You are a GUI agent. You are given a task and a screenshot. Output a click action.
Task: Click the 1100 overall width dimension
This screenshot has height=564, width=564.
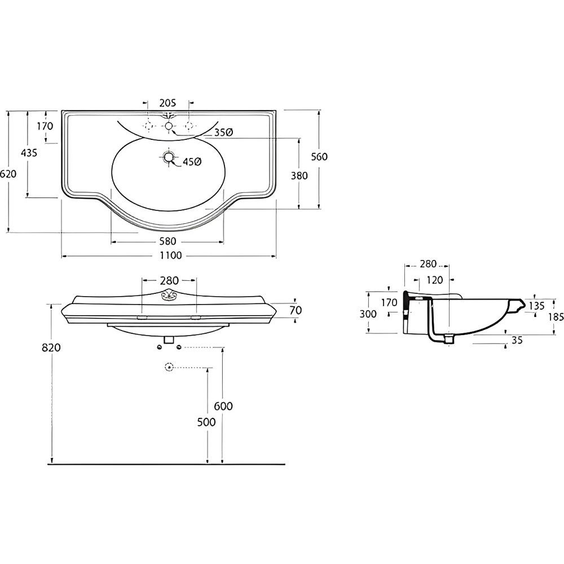click(171, 255)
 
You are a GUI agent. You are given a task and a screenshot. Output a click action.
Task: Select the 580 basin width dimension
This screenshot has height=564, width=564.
click(168, 241)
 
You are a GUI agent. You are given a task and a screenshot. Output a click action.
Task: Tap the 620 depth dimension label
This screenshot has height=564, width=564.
click(8, 174)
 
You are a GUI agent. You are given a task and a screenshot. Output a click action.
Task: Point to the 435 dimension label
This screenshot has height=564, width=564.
click(29, 153)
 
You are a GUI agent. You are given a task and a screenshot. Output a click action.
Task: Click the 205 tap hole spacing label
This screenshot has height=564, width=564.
click(168, 103)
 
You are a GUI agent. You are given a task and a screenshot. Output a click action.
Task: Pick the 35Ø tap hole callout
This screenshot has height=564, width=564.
click(223, 133)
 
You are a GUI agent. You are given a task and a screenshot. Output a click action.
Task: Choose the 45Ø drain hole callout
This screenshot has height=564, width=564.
click(192, 162)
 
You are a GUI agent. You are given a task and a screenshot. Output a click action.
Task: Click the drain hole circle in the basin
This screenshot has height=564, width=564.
click(168, 157)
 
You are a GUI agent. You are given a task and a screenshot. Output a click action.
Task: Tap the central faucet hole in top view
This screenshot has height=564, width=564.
click(169, 126)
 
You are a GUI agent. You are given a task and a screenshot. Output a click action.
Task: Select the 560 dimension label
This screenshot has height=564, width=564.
click(319, 157)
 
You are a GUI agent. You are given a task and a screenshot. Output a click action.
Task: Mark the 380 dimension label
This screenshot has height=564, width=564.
click(299, 176)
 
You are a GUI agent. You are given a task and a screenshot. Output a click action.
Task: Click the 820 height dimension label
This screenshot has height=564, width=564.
click(52, 347)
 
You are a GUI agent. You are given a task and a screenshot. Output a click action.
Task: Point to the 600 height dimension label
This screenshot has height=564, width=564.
click(223, 406)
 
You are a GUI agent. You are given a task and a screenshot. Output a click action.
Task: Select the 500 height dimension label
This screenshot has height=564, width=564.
click(206, 422)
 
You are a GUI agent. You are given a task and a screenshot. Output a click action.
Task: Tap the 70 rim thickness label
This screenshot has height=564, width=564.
click(296, 310)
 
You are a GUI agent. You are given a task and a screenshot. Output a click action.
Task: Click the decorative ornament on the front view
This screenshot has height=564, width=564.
click(167, 296)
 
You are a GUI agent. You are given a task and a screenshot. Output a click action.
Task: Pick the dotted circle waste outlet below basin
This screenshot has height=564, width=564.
click(168, 367)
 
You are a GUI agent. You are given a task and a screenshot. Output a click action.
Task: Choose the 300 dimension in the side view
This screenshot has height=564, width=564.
click(368, 314)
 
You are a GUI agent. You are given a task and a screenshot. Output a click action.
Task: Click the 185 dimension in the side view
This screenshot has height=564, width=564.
click(556, 317)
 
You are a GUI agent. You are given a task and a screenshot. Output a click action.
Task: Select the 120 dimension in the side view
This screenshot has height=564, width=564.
click(435, 280)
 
